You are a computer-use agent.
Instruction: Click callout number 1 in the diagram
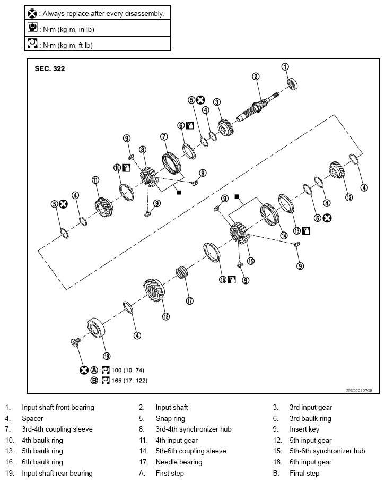pos(285,67)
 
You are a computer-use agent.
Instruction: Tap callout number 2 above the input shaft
pos(256,76)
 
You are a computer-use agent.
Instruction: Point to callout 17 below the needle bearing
pos(189,300)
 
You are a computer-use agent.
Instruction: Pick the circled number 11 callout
pos(95,179)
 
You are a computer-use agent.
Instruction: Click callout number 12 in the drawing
pos(348,197)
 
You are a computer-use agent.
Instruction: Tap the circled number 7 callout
pos(164,136)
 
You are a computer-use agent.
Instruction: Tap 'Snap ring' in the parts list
pos(170,418)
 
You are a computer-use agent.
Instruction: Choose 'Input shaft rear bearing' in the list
pos(57,473)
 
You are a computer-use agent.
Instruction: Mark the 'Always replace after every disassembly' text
pos(103,13)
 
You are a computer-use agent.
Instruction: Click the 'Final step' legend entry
pos(304,473)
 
